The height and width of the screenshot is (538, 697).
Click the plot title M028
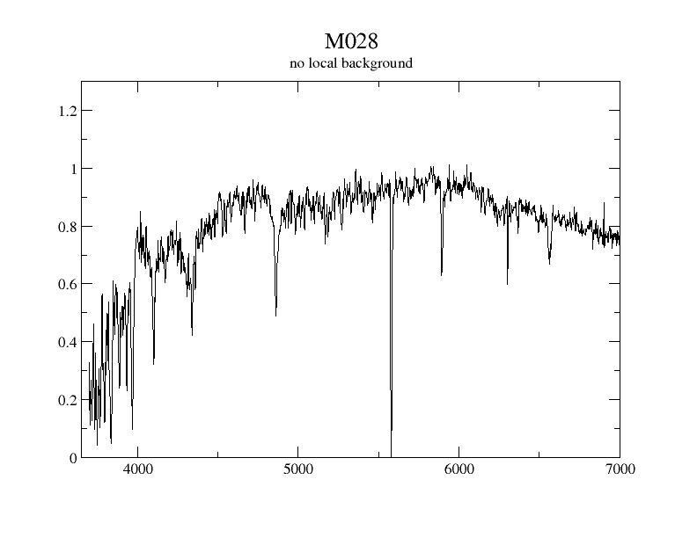350,42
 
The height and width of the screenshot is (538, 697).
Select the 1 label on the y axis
73,169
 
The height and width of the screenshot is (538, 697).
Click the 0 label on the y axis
73,458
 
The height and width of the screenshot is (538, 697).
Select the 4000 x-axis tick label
137,469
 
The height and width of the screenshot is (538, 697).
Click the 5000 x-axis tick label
297,469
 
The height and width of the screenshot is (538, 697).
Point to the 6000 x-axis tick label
459,469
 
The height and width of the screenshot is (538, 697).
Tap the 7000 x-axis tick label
619,469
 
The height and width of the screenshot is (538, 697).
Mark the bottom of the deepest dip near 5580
391,452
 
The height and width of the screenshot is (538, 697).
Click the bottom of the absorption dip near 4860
275,316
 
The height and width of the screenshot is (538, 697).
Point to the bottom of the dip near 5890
441,274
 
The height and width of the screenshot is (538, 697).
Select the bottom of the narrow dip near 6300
507,283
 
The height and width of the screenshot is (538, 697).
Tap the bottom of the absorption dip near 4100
154,363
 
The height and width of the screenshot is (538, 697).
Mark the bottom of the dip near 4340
192,335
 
